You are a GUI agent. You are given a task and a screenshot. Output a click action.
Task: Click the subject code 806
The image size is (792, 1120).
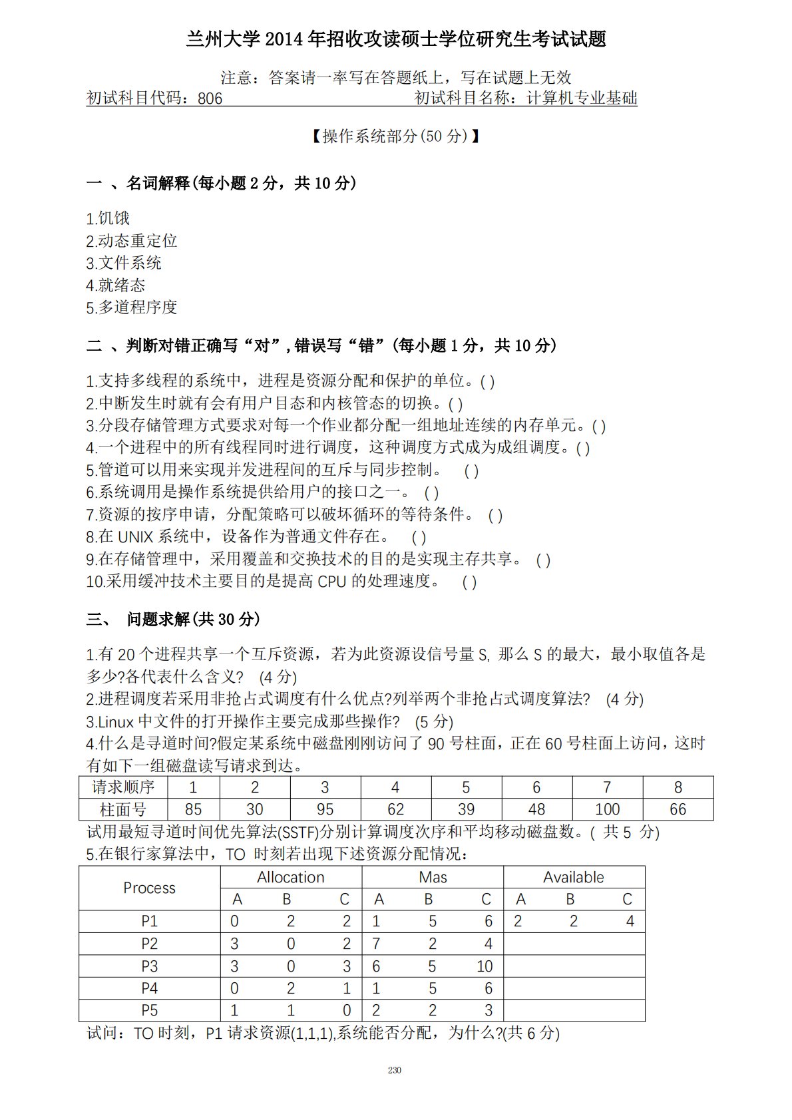pyautogui.click(x=210, y=99)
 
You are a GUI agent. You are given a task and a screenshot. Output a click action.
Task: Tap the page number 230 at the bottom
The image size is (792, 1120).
pyautogui.click(x=394, y=1070)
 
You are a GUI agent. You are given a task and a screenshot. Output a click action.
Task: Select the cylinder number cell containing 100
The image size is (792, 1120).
pyautogui.click(x=607, y=809)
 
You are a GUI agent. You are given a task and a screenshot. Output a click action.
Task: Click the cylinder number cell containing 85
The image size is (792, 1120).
pyautogui.click(x=193, y=809)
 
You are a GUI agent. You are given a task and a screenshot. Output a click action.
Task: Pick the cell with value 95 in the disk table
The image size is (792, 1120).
pyautogui.click(x=325, y=809)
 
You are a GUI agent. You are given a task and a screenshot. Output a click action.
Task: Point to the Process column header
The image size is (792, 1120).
pyautogui.click(x=149, y=888)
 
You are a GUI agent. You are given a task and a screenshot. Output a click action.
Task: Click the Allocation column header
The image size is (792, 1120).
pyautogui.click(x=291, y=877)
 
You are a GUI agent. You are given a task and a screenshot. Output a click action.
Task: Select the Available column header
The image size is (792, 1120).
pyautogui.click(x=573, y=877)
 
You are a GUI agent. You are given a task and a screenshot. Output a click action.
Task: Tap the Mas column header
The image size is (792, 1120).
pyautogui.click(x=433, y=877)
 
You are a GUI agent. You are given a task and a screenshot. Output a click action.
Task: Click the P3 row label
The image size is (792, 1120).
pyautogui.click(x=149, y=966)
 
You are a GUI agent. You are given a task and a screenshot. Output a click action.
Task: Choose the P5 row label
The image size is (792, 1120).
pyautogui.click(x=149, y=1010)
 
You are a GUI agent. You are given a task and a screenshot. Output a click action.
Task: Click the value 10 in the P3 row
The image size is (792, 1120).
pyautogui.click(x=484, y=966)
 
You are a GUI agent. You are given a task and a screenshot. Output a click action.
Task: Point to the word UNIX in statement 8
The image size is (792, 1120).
pyautogui.click(x=136, y=537)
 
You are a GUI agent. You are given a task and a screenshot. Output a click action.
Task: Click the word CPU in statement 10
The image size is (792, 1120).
pyautogui.click(x=332, y=582)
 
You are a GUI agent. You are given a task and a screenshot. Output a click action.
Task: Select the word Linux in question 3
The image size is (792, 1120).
pyautogui.click(x=116, y=722)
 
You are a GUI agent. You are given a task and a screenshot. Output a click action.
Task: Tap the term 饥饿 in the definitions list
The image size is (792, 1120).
pyautogui.click(x=114, y=218)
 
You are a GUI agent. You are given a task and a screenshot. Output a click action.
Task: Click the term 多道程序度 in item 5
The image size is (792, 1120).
pyautogui.click(x=138, y=307)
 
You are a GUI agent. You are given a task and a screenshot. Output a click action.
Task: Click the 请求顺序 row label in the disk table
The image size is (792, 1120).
pyautogui.click(x=123, y=787)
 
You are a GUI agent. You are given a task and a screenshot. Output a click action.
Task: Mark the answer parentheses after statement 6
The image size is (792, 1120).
pyautogui.click(x=431, y=493)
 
